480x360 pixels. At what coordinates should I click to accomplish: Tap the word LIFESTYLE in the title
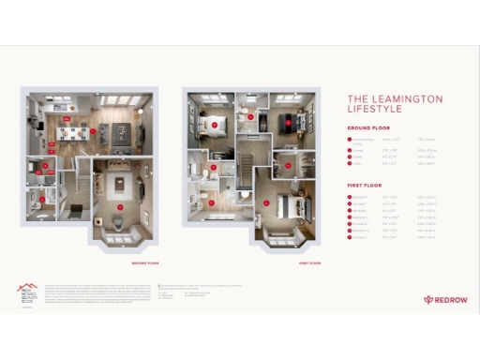pyautogui.click(x=372, y=111)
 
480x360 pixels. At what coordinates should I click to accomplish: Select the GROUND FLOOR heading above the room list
pyautogui.click(x=367, y=127)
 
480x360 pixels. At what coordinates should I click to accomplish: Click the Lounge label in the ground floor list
pyautogui.click(x=358, y=148)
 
